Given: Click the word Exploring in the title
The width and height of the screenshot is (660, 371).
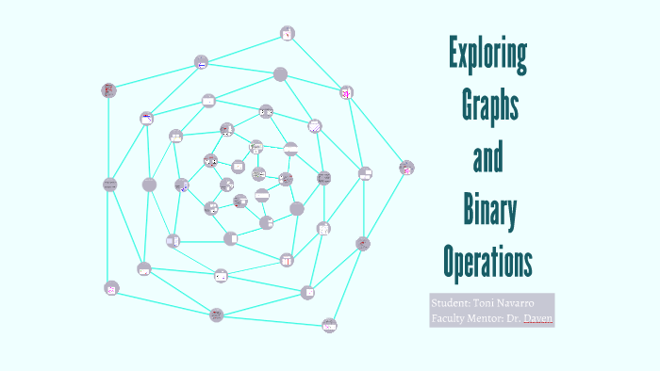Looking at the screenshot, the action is (487, 56).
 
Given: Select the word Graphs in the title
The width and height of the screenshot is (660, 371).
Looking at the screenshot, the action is (489, 108).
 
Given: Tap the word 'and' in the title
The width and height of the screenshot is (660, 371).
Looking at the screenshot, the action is (487, 159).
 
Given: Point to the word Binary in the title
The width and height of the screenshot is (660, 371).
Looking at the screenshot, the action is (489, 211).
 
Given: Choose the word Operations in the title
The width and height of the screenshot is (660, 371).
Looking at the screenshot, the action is (487, 261).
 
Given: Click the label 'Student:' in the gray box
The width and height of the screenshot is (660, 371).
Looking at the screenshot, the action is (451, 303).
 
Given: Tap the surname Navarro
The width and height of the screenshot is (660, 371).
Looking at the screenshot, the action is (524, 303).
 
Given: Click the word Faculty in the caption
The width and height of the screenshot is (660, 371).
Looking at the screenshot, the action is (449, 319).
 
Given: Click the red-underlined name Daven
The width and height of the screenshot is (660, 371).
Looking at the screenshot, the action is (540, 319).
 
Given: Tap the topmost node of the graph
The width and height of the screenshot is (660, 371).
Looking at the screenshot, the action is (288, 34).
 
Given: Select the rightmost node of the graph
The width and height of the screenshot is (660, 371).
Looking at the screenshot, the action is (406, 168).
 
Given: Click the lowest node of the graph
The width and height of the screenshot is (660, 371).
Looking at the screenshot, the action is (329, 325).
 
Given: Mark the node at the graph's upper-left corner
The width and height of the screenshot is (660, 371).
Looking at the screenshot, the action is (108, 90).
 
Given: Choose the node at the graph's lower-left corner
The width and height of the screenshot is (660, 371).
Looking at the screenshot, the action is (111, 288).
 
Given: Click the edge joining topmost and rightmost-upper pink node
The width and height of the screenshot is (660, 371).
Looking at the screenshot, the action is (317, 63).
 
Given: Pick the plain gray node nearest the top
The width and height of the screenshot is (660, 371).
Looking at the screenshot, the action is (280, 73).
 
